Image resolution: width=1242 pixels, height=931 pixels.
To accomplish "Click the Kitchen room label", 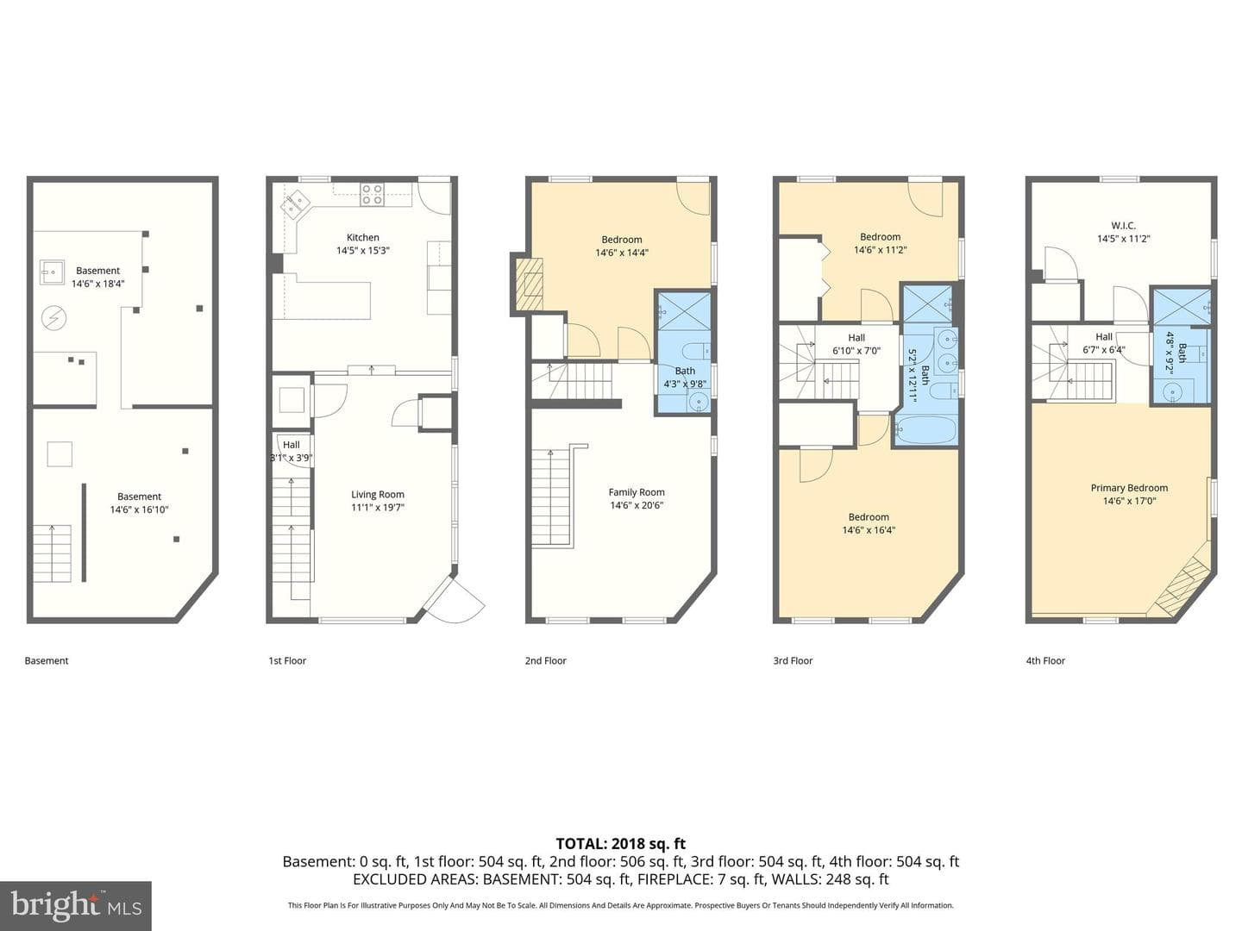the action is click(x=363, y=237).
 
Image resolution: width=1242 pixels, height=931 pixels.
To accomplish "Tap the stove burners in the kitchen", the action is click(x=373, y=194).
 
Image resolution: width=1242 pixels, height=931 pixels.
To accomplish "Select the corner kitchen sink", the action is click(x=294, y=204).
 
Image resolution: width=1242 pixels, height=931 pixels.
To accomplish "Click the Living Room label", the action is click(x=378, y=495).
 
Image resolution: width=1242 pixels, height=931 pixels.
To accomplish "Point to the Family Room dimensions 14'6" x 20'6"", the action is click(x=637, y=505).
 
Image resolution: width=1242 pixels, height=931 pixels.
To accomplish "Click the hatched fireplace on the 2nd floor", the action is click(x=527, y=284).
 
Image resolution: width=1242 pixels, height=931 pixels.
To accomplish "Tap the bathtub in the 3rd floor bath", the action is click(x=925, y=431).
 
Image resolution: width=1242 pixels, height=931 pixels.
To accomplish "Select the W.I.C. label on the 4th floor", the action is click(x=1123, y=226).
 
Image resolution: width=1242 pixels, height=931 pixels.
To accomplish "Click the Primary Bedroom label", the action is click(x=1129, y=488).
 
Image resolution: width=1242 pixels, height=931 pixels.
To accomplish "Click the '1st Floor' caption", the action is click(x=287, y=660).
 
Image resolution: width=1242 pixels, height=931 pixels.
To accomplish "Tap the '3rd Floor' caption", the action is click(x=793, y=660).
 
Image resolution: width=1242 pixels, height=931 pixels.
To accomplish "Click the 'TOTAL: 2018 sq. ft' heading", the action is click(x=621, y=844).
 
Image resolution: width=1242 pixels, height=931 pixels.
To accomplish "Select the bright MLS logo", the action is click(x=76, y=906).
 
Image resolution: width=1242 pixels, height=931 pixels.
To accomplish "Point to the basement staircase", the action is click(x=52, y=553).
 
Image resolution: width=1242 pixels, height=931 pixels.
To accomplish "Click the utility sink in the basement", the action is click(x=52, y=272).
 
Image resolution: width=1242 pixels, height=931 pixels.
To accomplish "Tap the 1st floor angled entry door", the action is click(x=455, y=599).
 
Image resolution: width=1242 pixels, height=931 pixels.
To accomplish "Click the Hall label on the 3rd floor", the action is click(x=856, y=337).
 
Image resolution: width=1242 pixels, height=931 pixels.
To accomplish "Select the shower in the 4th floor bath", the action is click(x=1182, y=308).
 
